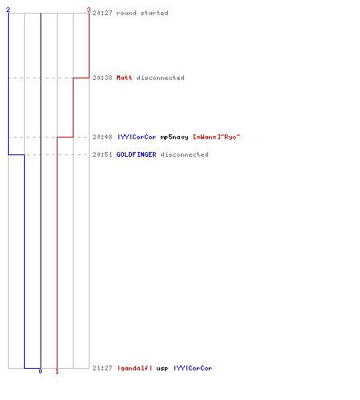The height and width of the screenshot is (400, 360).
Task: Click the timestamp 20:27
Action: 102,13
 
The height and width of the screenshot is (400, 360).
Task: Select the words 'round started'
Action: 142,13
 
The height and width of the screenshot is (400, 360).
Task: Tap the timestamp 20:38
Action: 102,78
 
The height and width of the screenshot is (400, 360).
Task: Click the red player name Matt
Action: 124,78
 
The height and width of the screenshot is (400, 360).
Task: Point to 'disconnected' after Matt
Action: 160,78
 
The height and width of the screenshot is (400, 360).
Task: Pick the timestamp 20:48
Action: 102,137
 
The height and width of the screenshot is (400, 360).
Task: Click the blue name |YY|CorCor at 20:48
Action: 137,137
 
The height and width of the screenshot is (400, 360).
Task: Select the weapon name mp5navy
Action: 174,137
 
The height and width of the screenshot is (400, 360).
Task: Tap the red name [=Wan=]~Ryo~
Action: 217,137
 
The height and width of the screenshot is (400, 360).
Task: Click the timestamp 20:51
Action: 102,154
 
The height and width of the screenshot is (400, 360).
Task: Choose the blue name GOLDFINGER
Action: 136,154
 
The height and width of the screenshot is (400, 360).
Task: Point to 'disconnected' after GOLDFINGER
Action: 184,154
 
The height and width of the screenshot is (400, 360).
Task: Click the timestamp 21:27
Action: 102,368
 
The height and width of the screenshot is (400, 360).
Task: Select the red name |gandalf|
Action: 134,368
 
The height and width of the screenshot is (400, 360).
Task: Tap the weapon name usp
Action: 162,369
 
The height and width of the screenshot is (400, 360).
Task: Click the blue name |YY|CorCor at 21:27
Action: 193,368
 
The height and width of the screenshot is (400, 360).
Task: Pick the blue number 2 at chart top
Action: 8,10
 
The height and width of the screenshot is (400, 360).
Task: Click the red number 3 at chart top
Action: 89,10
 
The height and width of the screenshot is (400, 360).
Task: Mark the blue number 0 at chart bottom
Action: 40,371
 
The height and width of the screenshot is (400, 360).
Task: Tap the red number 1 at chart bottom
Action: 57,371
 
